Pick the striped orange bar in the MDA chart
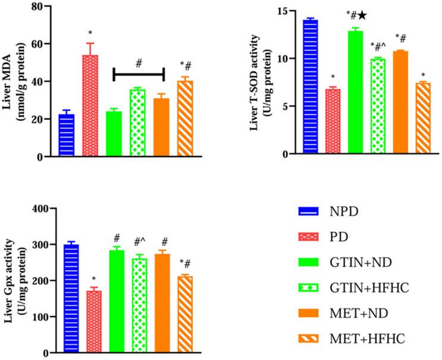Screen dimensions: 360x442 pos(185,119)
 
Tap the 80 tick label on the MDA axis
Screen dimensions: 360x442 pos(40,7)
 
